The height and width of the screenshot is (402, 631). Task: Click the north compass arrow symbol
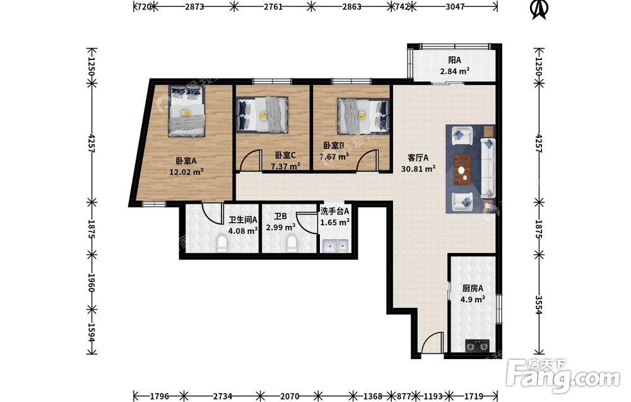point(540,9)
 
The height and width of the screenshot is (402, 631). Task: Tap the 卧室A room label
point(186,161)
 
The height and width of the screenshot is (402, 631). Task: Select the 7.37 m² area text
point(286,166)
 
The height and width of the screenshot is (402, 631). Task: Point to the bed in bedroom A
point(187,112)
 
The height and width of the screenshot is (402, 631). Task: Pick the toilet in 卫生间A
point(221,244)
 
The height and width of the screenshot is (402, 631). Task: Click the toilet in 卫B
point(292,244)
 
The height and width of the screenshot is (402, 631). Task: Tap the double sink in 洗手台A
point(334,245)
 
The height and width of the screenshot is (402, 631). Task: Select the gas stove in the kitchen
point(477,345)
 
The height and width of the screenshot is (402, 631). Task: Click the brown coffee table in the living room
point(463,169)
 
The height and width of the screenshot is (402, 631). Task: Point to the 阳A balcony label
point(455,61)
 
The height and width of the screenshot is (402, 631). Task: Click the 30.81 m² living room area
point(418,169)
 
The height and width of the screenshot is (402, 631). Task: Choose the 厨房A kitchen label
point(473,288)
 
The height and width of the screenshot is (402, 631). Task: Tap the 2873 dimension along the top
point(195,6)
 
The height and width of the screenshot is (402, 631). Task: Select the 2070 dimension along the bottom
point(290,396)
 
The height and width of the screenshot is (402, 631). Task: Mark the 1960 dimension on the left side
point(91,283)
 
